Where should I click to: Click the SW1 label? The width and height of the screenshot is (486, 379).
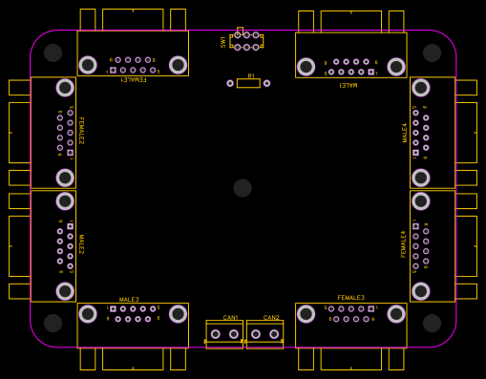pos(223,42)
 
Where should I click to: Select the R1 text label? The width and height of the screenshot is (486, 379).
pos(251,75)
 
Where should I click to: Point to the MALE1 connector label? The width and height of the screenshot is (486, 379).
pos(349,85)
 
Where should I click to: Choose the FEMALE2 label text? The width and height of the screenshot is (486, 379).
pos(80,130)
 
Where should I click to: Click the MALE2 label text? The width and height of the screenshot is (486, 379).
pos(80,243)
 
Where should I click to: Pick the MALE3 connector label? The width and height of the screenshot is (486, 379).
pos(129,299)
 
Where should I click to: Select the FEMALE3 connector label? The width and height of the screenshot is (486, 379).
pos(350,298)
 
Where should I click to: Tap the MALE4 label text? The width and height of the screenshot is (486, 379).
pos(404,132)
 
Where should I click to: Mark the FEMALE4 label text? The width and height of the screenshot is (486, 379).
pos(403,243)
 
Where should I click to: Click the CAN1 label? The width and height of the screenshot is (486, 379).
pos(230,317)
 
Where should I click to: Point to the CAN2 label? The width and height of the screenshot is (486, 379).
pos(271,317)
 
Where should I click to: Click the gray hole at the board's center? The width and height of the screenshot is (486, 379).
pos(243,188)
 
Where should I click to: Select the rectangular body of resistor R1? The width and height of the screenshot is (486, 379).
pos(248,83)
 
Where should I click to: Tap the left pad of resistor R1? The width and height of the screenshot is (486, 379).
pos(230,83)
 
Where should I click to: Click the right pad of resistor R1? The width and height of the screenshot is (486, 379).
pos(266,83)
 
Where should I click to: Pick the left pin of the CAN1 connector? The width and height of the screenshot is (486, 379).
pos(216,334)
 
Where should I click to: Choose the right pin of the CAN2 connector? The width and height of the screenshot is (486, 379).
pos(274,334)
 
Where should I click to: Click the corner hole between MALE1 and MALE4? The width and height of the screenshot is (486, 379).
pos(432,53)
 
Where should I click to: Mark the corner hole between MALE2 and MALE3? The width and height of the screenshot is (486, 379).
pos(53,323)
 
